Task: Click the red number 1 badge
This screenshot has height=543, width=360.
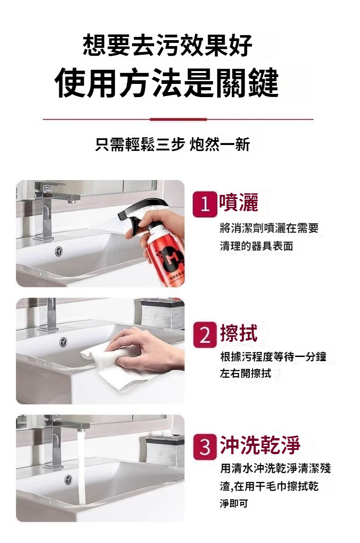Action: click(x=205, y=204)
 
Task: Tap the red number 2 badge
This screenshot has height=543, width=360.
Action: click(x=205, y=335)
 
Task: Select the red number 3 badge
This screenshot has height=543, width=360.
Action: click(x=205, y=447)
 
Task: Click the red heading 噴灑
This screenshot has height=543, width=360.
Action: click(x=238, y=202)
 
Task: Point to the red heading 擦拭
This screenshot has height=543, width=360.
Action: click(x=238, y=333)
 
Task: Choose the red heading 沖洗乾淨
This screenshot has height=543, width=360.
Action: click(x=260, y=445)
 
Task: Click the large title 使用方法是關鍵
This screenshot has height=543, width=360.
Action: click(x=166, y=83)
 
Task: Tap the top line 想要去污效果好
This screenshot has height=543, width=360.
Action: click(x=168, y=45)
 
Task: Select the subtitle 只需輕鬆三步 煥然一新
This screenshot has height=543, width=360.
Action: click(x=172, y=144)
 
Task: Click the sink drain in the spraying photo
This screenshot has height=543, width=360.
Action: click(x=59, y=251)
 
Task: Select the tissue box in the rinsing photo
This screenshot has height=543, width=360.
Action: click(x=165, y=450)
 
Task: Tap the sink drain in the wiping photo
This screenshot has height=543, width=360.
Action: click(x=62, y=342)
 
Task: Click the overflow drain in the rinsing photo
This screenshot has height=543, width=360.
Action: click(x=68, y=480)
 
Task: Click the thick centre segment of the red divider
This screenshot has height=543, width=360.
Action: click(x=178, y=119)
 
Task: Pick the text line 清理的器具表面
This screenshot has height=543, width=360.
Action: click(x=257, y=246)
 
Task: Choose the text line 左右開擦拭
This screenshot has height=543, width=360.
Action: click(x=246, y=373)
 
